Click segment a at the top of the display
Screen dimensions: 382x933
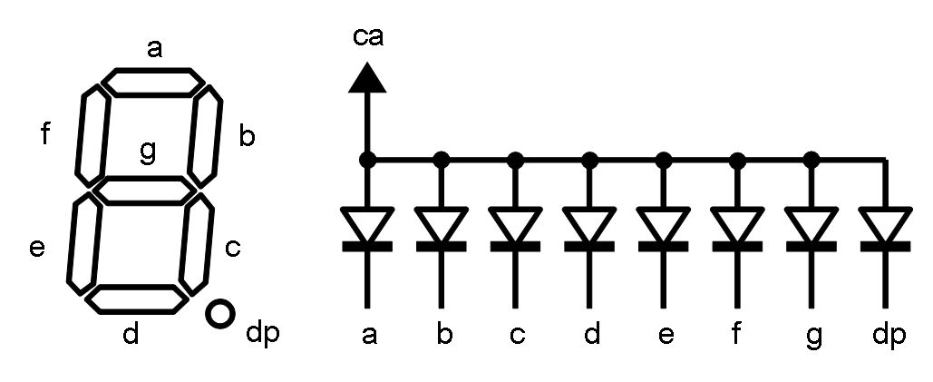(151, 82)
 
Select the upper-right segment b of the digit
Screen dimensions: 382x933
(206, 133)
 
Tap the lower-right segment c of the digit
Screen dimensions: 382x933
(197, 244)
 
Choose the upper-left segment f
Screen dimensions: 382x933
(92, 134)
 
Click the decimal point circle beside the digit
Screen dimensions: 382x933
(220, 315)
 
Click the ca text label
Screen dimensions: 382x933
(367, 38)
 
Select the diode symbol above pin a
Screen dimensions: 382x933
(367, 228)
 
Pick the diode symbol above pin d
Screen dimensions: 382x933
(590, 228)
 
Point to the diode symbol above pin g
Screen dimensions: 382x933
(812, 228)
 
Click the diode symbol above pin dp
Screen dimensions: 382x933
(885, 228)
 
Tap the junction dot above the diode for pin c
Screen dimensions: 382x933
(516, 160)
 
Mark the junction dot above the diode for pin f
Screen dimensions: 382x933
(738, 160)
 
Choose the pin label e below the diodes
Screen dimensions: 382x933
(666, 336)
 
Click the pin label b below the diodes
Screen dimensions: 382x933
(443, 335)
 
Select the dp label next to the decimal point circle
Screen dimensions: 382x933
(262, 335)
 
